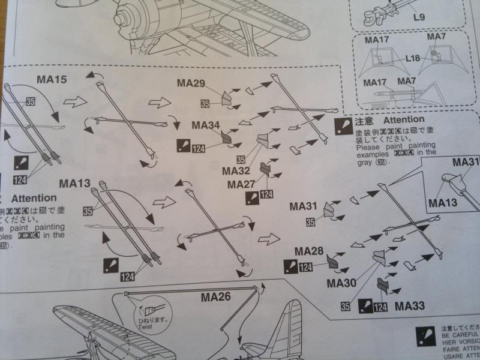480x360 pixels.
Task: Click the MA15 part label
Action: [53, 79]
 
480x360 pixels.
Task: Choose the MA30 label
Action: [341, 282]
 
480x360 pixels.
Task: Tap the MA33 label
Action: [410, 306]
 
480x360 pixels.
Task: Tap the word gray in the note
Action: [365, 163]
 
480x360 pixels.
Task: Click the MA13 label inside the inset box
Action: [443, 203]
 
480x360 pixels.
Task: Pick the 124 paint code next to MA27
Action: [267, 194]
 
